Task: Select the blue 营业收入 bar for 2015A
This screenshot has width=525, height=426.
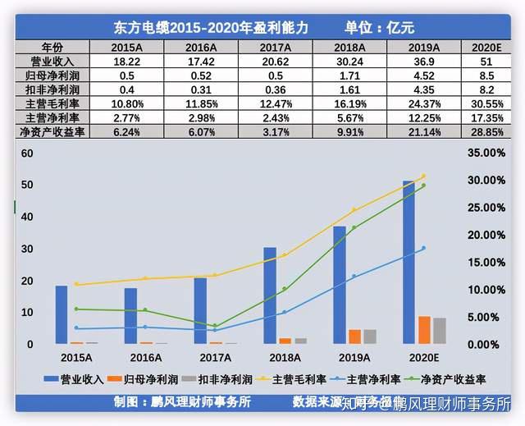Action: click(x=62, y=315)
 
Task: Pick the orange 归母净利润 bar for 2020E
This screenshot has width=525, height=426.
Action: click(x=424, y=330)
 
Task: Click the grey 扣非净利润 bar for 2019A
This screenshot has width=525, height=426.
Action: click(x=369, y=337)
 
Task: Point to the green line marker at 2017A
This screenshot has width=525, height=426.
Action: click(x=215, y=326)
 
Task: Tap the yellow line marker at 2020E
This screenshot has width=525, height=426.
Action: click(x=423, y=176)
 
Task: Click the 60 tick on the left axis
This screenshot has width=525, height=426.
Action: click(x=27, y=153)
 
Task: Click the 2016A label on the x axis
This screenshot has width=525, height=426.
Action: click(x=145, y=358)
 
